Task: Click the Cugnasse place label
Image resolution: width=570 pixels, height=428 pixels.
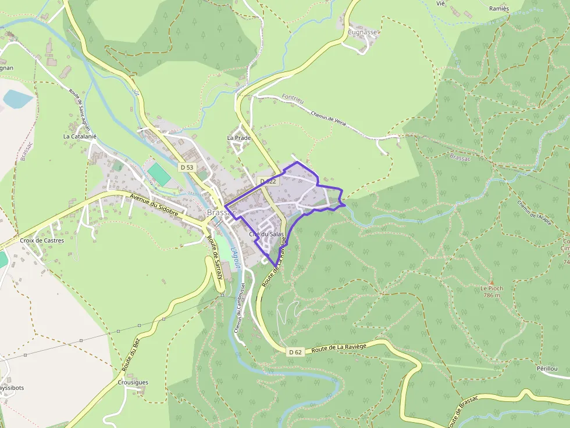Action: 363,33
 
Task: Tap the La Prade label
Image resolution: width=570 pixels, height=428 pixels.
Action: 238,138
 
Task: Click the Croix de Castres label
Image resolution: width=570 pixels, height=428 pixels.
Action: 42,240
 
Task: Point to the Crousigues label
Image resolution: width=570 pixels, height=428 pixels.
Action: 133,382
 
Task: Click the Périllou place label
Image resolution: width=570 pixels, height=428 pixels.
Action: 547,369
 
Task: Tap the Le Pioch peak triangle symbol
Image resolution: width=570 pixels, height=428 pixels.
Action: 491,282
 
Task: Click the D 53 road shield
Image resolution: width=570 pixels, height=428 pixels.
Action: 187,167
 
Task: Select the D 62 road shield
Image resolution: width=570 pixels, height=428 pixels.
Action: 295,352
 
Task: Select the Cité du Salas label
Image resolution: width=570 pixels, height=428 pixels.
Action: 266,234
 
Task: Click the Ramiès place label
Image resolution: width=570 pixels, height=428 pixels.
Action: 498,8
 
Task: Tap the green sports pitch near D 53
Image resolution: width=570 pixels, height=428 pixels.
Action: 158,174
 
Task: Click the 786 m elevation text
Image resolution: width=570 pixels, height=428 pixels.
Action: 491,295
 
